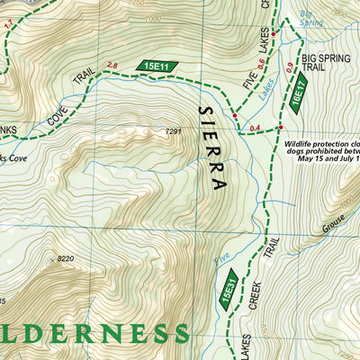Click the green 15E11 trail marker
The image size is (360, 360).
159,65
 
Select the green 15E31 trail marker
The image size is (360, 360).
228,294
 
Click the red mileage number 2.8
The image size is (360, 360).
112,65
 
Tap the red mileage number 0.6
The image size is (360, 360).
263,62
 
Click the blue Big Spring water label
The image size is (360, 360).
310,19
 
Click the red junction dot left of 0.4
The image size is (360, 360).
235,116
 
